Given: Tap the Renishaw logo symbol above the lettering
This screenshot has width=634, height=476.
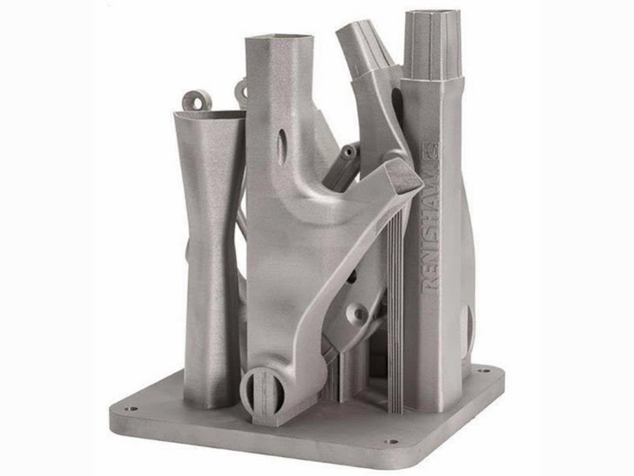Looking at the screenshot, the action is tap(432, 150).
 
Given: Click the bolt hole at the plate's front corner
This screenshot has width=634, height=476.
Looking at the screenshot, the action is tap(390, 441).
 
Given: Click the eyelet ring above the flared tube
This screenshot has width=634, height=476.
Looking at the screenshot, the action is tap(197, 100).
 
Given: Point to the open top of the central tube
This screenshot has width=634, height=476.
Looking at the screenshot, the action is tap(280, 40).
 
